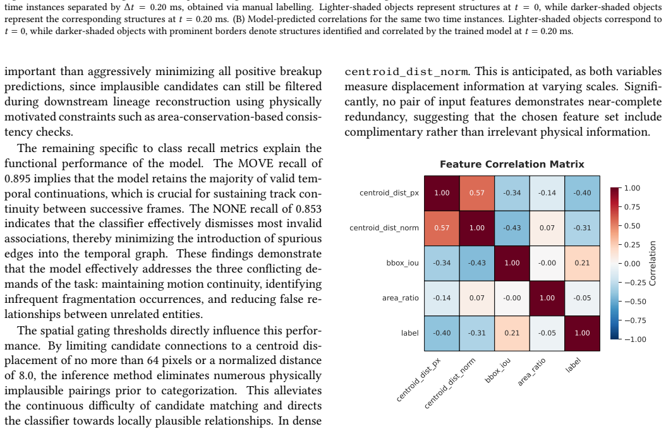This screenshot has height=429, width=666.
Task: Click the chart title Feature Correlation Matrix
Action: [512, 164]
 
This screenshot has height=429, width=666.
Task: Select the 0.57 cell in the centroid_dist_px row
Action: [476, 193]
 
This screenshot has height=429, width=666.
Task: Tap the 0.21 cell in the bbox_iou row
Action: [582, 263]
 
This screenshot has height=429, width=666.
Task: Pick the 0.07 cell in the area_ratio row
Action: [476, 298]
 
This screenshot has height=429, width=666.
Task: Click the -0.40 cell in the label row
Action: [442, 333]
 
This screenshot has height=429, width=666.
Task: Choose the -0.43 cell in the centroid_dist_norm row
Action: [512, 228]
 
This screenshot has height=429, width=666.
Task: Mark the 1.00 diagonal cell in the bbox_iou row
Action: [512, 263]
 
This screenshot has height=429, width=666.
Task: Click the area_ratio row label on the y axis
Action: [400, 298]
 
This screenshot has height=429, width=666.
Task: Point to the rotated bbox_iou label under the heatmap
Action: [498, 370]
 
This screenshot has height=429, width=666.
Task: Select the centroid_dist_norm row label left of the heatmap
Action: [384, 228]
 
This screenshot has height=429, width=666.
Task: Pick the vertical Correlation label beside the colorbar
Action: [652, 263]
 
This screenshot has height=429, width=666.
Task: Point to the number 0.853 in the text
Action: [308, 209]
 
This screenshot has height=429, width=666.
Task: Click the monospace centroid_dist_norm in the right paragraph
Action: [406, 72]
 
